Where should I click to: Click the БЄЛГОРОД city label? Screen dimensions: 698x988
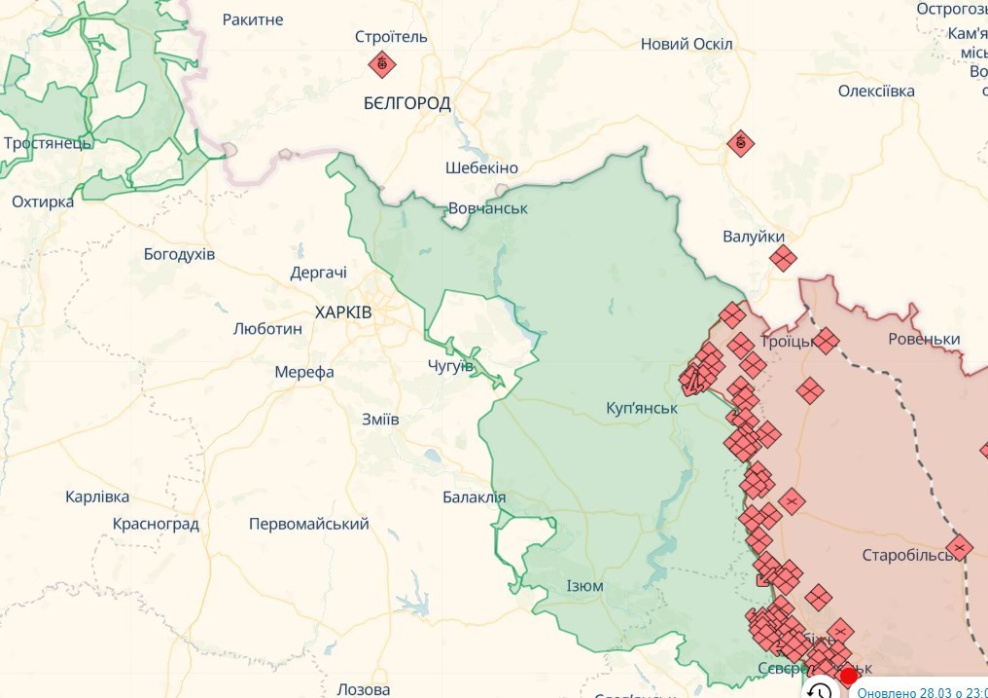pos(407,102)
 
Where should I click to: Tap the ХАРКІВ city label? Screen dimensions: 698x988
pos(343,312)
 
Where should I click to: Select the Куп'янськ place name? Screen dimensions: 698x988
pos(641,408)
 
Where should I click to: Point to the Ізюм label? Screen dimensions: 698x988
pos(584,586)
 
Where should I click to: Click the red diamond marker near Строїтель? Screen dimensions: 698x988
pos(381,65)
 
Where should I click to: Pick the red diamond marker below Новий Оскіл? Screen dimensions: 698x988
pos(741,144)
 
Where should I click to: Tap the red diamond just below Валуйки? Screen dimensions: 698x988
pos(783,258)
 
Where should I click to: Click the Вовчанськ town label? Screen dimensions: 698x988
pos(487,208)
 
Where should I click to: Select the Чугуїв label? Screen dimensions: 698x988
pos(450,366)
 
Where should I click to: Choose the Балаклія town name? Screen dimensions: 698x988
pos(474,497)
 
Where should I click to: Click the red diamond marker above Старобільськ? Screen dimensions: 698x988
pos(960,548)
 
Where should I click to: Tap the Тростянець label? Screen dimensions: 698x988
pos(47,143)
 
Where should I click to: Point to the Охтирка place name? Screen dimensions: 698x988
pos(43,202)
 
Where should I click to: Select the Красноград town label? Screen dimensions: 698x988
pos(156,524)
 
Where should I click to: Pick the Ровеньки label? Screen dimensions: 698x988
pos(924,339)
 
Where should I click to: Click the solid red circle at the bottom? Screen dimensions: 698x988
pos(848,676)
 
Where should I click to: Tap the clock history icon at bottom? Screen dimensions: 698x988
pos(820,690)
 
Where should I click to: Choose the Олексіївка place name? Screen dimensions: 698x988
pos(876,91)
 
